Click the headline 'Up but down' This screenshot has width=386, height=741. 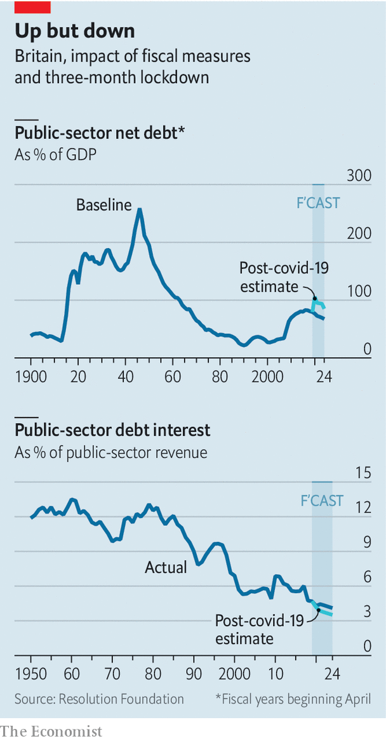(75, 30)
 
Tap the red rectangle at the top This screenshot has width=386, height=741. (32, 7)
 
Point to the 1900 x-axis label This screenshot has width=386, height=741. (30, 376)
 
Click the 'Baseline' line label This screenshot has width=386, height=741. (103, 204)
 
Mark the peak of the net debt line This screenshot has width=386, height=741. (140, 209)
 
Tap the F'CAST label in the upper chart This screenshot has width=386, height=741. (318, 203)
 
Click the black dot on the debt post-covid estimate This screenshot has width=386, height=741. (314, 298)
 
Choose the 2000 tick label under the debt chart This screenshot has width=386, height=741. (267, 376)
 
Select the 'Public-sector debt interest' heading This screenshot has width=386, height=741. (112, 430)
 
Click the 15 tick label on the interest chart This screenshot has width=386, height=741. (363, 473)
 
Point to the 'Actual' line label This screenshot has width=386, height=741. (166, 567)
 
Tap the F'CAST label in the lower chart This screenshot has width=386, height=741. (322, 501)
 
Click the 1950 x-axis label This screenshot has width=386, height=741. (30, 674)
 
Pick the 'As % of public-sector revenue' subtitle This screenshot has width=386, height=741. (111, 453)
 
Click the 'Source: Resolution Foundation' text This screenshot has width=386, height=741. (99, 699)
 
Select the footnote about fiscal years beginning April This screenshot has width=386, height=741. (293, 699)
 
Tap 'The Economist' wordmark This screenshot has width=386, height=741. (51, 731)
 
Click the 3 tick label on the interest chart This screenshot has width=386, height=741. (366, 612)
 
